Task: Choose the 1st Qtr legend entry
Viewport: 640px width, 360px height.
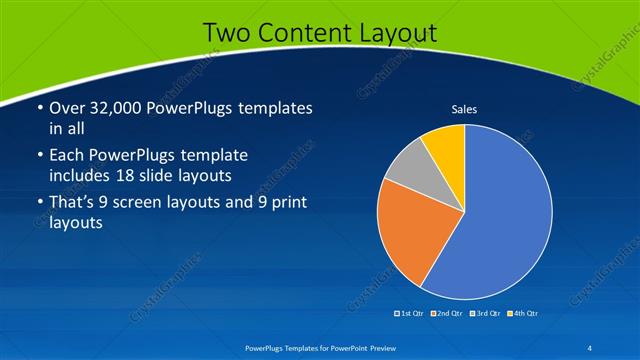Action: [410, 313]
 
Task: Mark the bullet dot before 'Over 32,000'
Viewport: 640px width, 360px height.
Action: [40, 108]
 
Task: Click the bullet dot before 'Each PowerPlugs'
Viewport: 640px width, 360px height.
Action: [40, 156]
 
